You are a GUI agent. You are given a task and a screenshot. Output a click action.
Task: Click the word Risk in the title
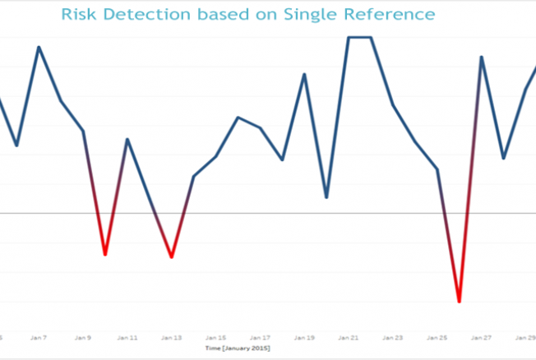(79, 15)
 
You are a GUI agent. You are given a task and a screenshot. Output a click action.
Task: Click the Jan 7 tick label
(38, 337)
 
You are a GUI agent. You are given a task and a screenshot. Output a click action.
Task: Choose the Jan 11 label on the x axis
(127, 337)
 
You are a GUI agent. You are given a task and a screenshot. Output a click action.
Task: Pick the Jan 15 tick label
(216, 337)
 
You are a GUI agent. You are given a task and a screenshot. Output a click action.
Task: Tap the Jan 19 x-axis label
(305, 337)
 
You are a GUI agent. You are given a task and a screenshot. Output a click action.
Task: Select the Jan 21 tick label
(349, 337)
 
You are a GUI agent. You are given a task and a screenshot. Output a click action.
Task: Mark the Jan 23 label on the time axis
(393, 337)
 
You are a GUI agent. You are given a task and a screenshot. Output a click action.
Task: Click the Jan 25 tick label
(437, 337)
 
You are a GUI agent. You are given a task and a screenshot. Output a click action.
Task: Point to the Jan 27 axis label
(482, 337)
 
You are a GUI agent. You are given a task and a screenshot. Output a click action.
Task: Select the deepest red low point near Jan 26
(459, 301)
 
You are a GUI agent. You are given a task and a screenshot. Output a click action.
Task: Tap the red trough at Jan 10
(105, 254)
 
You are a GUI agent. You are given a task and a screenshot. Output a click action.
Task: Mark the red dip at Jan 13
(171, 256)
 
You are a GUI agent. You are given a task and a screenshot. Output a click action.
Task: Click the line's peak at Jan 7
(39, 47)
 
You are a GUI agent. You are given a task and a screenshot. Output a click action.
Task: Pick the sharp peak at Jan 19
(305, 74)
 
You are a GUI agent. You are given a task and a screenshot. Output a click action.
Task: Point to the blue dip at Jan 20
(326, 197)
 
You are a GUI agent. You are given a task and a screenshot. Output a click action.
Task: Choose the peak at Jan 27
(482, 57)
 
